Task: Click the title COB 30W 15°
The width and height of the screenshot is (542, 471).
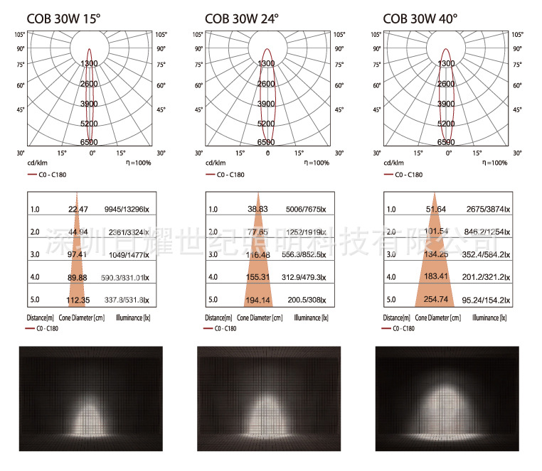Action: coord(60,18)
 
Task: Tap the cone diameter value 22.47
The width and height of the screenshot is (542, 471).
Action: coord(78,209)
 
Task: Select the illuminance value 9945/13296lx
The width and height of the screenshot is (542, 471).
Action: coord(127,209)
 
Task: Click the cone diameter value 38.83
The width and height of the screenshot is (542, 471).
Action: coord(257,209)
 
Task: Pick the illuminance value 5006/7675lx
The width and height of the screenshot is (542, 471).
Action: coord(302,209)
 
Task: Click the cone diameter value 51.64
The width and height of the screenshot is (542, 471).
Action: coord(435,209)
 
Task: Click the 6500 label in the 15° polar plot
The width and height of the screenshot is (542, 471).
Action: coord(89,143)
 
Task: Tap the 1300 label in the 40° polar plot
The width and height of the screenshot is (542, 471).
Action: coord(446,64)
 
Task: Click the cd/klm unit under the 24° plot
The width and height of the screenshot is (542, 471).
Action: coord(216,163)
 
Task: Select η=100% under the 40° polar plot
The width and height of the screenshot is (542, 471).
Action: coord(492,163)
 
